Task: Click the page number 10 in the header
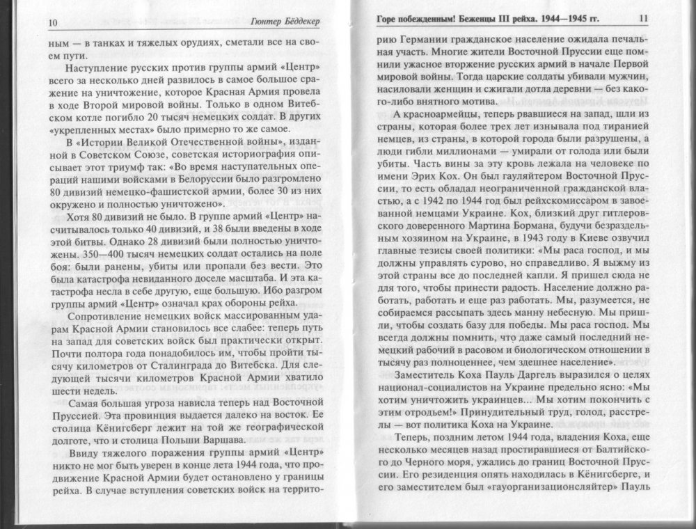52,23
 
